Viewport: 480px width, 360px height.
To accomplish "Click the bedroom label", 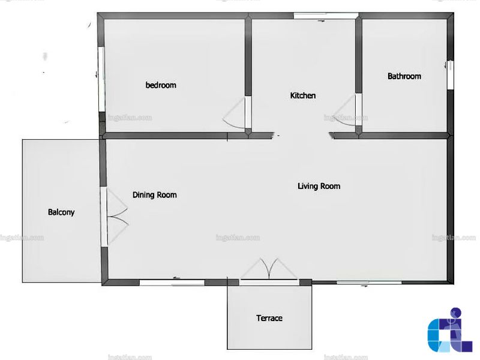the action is pos(161,85).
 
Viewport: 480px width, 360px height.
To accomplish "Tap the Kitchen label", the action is pos(303,95).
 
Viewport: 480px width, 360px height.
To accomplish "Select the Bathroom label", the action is pos(404,76).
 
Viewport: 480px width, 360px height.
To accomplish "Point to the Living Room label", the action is pos(319,186).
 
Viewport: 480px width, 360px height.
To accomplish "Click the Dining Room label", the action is pos(155,195).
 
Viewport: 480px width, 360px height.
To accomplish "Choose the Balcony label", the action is pos(61,212).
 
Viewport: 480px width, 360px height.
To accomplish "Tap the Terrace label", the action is pos(269,318).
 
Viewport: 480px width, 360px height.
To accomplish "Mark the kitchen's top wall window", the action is pos(326,16).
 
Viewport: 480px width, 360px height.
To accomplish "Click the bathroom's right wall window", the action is pos(450,75).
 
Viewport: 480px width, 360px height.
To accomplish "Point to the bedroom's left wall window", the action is pos(101,79).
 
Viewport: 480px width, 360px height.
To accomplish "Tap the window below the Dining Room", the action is pos(172,282).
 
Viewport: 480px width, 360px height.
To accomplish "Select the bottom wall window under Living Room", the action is pos(369,282).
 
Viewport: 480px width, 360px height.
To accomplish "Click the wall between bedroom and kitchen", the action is pos(248,57).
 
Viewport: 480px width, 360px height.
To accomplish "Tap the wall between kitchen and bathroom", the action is pos(359,56).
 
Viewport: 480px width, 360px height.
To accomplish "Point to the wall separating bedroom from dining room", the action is pos(166,136).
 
